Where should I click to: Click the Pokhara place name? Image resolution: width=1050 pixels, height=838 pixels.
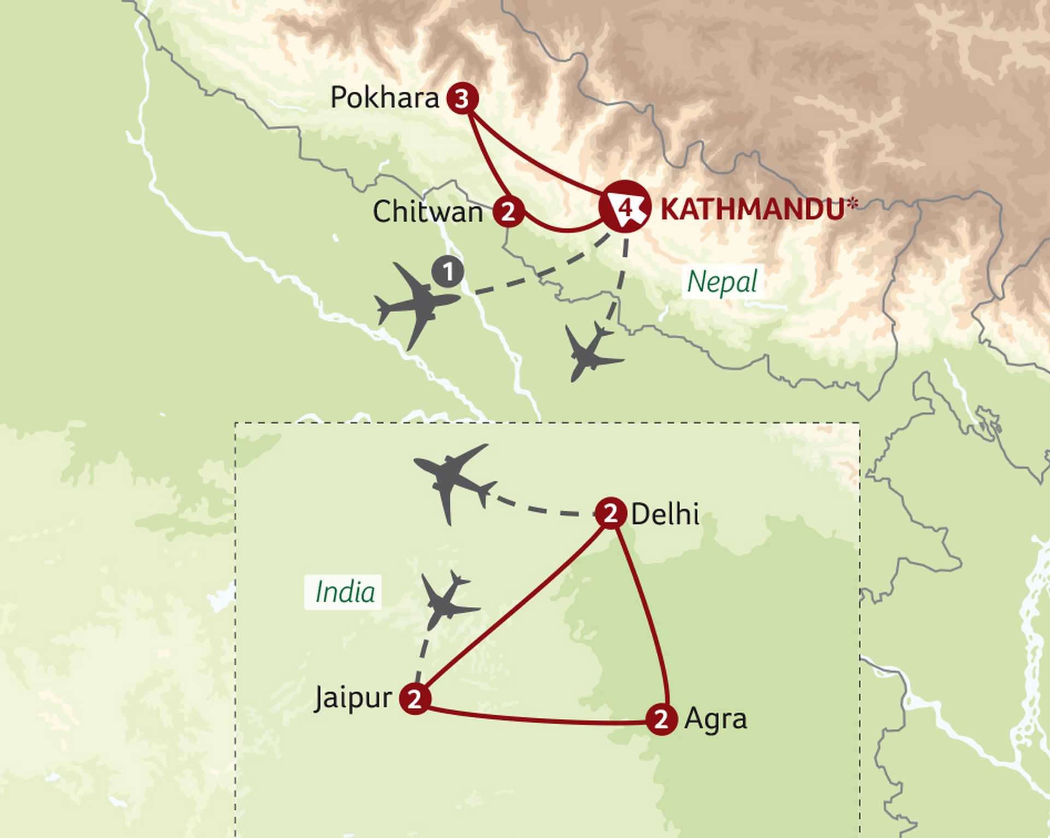point(384,98)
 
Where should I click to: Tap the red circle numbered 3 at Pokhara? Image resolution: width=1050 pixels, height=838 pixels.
point(462,99)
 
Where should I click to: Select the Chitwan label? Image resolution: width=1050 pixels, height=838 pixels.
point(428,212)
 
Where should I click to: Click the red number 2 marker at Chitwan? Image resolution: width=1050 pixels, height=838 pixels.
point(509,212)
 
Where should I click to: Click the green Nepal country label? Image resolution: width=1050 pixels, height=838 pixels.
point(722,283)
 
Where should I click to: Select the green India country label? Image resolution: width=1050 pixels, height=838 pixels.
point(345,592)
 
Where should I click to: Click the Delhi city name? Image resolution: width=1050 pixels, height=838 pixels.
point(665,514)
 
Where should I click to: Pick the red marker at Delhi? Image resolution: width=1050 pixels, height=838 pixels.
point(610,513)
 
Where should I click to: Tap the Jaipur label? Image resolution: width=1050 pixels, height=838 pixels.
point(353,698)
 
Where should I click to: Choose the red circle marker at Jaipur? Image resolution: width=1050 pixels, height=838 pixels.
point(415,699)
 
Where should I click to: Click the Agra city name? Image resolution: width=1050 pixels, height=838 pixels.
point(715,719)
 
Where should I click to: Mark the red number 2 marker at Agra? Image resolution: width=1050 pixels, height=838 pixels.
point(661,719)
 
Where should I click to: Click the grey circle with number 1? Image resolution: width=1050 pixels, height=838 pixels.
point(448,272)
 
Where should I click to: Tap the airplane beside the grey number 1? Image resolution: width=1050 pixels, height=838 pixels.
point(417,305)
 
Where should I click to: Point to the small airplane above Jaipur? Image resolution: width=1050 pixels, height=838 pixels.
point(447,600)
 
